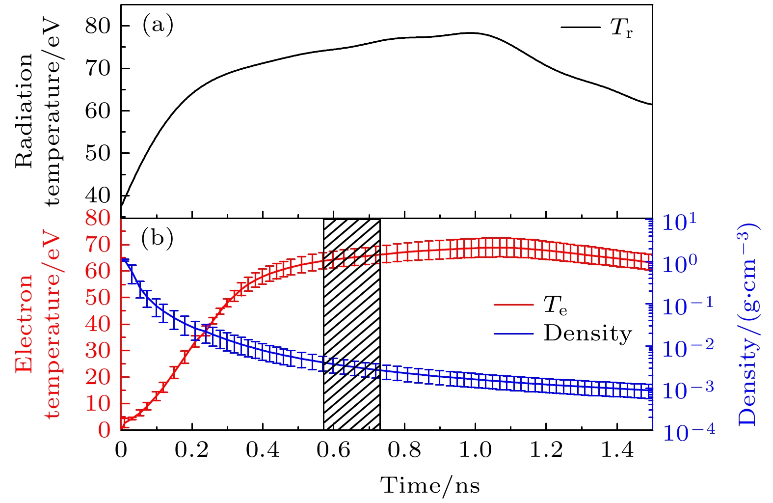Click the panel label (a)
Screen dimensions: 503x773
158,25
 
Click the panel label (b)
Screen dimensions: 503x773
157,239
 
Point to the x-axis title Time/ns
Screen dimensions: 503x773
430,485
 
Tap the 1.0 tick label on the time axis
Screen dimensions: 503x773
475,450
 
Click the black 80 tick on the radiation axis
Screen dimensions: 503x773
98,26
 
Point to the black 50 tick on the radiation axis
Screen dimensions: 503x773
98,153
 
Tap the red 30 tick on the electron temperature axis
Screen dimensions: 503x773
98,351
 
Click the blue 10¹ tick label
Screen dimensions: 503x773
680,222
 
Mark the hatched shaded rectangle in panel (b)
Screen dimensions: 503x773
351,324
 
